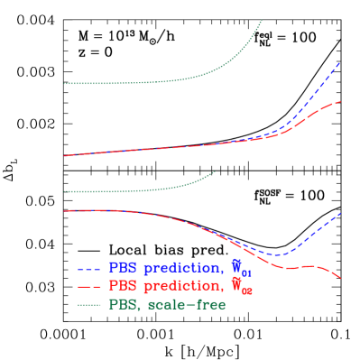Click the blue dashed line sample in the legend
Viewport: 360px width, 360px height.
click(89, 269)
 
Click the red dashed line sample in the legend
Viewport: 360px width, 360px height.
click(89, 287)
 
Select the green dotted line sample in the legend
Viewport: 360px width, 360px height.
click(89, 305)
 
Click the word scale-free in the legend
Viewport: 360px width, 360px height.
click(186, 304)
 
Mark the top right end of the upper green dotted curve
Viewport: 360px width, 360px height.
click(263, 20)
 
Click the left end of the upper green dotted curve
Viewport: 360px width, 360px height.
click(64, 84)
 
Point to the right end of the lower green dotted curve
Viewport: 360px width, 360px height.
click(216, 171)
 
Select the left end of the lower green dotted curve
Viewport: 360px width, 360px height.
click(64, 191)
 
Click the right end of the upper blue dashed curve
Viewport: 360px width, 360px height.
click(341, 63)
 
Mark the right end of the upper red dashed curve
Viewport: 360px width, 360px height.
click(341, 102)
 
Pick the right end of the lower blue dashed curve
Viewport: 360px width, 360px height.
click(341, 213)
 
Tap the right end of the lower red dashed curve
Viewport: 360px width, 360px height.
click(341, 278)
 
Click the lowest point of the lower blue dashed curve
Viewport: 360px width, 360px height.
click(278, 255)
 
